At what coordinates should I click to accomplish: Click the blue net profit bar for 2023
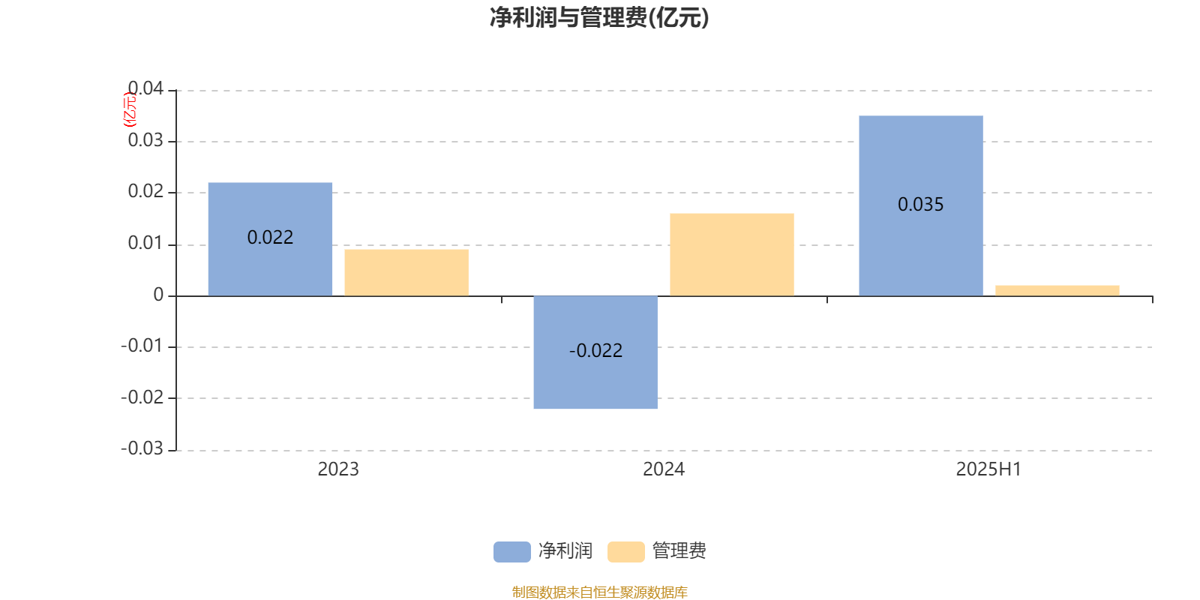pos(270,239)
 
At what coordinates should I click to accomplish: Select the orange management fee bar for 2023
pos(406,272)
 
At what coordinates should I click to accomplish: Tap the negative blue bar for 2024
pos(595,352)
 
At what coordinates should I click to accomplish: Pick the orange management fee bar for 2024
pos(732,254)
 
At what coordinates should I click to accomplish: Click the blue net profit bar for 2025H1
pos(921,205)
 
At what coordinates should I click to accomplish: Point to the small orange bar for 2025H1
pos(1057,290)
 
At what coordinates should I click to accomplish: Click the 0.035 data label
pos(920,204)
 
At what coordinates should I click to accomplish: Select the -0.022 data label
pos(595,350)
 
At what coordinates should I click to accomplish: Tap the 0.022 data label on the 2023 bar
pos(270,237)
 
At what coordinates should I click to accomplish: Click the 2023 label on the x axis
pos(338,469)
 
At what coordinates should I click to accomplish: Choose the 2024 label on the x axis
pos(664,469)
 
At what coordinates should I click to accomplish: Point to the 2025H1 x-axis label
pos(989,469)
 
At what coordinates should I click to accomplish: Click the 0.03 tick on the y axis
pos(145,140)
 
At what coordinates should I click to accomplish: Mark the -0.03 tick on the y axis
pos(142,448)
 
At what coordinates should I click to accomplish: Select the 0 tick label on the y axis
pos(158,295)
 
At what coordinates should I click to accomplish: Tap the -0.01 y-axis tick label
pos(142,346)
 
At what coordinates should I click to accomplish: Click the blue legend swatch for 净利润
pos(512,552)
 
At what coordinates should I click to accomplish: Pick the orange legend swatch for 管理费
pos(625,552)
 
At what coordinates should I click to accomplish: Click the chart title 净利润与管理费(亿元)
pos(599,18)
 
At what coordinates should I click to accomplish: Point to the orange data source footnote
pos(599,592)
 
